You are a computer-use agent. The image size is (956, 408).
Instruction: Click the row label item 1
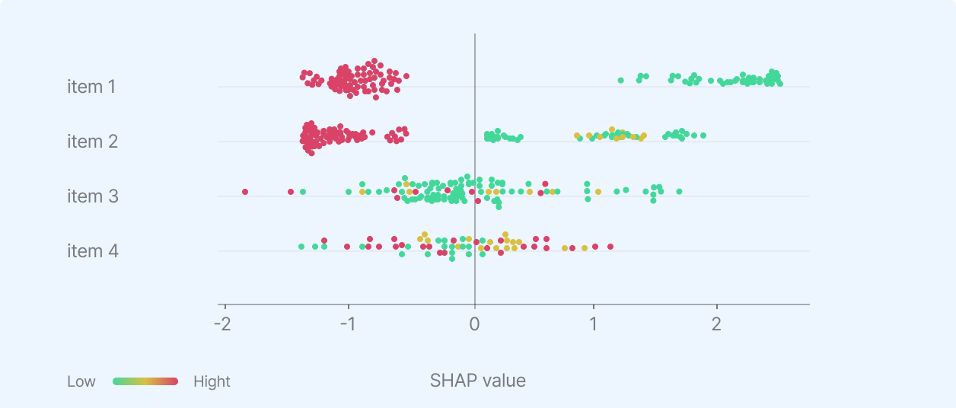91,87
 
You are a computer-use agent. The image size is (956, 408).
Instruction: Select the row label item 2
91,142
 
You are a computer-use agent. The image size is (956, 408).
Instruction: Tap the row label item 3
91,196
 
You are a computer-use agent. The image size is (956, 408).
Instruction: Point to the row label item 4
91,251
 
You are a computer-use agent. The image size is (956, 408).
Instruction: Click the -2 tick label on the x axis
222,323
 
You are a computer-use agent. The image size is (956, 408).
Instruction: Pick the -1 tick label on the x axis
347,323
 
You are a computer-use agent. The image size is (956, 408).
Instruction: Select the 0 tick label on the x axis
475,323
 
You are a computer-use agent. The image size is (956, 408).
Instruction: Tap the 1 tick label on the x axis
594,323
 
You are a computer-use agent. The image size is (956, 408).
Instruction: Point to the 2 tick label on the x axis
716,323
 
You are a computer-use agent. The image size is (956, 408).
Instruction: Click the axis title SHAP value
478,381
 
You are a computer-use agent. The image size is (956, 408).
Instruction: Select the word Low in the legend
81,381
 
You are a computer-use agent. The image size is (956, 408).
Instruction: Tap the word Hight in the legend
212,381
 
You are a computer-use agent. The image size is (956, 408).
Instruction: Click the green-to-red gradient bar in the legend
145,381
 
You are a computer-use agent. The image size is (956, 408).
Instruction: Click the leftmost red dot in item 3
245,192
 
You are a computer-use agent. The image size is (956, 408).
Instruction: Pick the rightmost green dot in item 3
679,192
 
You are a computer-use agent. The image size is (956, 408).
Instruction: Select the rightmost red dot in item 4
610,247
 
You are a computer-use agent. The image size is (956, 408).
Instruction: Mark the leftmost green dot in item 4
301,247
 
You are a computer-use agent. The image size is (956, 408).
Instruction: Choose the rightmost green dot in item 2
703,135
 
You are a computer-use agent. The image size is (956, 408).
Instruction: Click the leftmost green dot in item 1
621,80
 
